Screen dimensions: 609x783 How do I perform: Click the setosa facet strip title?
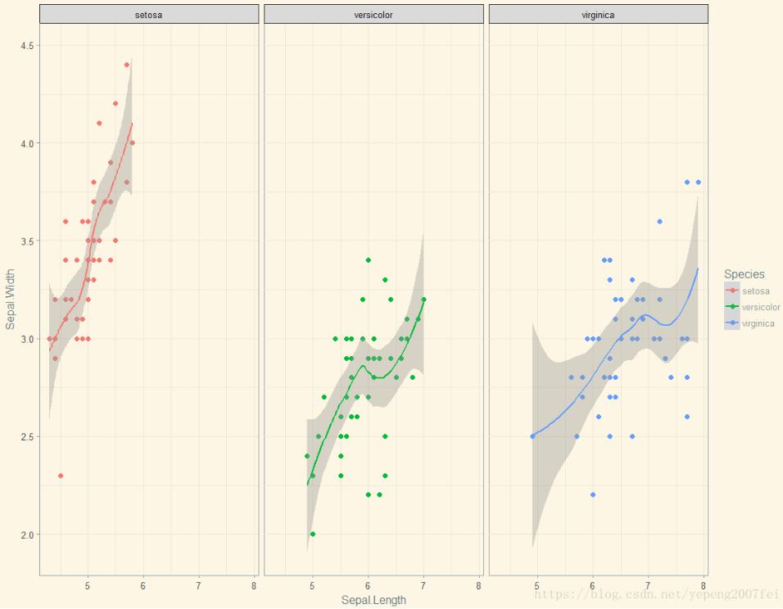148,15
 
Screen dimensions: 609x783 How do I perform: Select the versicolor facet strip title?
373,15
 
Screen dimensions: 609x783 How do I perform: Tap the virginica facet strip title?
598,15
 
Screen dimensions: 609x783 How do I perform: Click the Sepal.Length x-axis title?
373,600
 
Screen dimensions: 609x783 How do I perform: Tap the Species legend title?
744,275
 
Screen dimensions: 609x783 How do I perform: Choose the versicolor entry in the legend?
760,308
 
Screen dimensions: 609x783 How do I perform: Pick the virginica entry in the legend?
757,324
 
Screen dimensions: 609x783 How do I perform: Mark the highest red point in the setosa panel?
127,65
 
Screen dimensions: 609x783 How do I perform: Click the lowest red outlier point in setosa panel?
61,476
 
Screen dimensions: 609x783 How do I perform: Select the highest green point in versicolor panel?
369,260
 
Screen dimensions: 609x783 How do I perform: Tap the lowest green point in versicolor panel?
313,534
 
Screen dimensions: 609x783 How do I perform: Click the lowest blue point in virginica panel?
593,494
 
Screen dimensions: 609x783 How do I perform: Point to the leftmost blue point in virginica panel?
532,436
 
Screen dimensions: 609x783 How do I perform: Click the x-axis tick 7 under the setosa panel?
199,586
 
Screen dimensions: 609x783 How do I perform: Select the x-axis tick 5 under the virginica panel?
537,586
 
